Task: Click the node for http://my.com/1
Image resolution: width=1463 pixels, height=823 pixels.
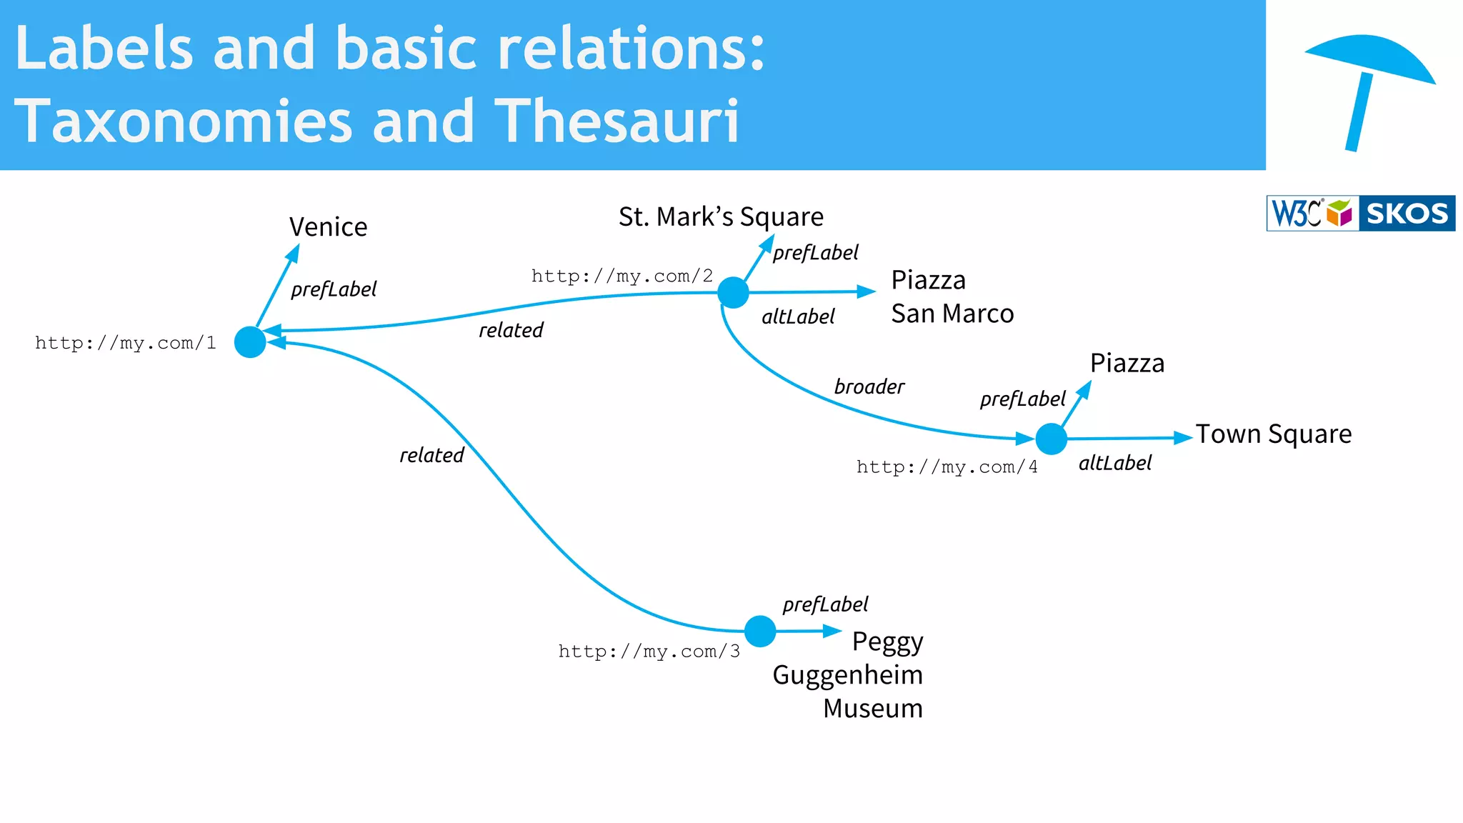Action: pyautogui.click(x=250, y=342)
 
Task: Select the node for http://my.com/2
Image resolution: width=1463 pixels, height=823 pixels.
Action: pyautogui.click(x=733, y=292)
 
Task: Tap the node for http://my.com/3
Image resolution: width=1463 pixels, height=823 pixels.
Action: pyautogui.click(x=760, y=632)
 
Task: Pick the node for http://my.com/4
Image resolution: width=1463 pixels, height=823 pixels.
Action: pyautogui.click(x=1051, y=439)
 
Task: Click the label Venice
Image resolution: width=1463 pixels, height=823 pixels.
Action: pyautogui.click(x=328, y=227)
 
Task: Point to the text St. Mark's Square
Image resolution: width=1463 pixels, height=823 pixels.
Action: pyautogui.click(x=721, y=216)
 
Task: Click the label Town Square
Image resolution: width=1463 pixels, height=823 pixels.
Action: pyautogui.click(x=1274, y=434)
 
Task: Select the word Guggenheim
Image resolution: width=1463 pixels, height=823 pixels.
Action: pyautogui.click(x=847, y=675)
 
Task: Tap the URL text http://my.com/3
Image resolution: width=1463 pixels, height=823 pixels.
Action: pyautogui.click(x=649, y=652)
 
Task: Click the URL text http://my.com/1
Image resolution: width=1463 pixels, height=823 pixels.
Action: pyautogui.click(x=126, y=343)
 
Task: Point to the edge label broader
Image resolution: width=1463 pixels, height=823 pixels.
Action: pyautogui.click(x=869, y=386)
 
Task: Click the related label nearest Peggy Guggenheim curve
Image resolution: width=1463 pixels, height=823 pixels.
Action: pyautogui.click(x=431, y=455)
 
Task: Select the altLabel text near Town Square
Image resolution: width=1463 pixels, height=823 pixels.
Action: pyautogui.click(x=1114, y=464)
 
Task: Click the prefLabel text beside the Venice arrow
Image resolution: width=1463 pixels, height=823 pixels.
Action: pyautogui.click(x=334, y=289)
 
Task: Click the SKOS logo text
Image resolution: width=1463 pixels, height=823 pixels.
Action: pyautogui.click(x=1407, y=214)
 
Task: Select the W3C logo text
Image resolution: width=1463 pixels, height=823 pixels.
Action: pyautogui.click(x=1296, y=214)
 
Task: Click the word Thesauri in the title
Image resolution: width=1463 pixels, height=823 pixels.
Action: pyautogui.click(x=616, y=121)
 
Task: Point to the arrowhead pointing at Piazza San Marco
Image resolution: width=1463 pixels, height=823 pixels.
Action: pyautogui.click(x=867, y=291)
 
